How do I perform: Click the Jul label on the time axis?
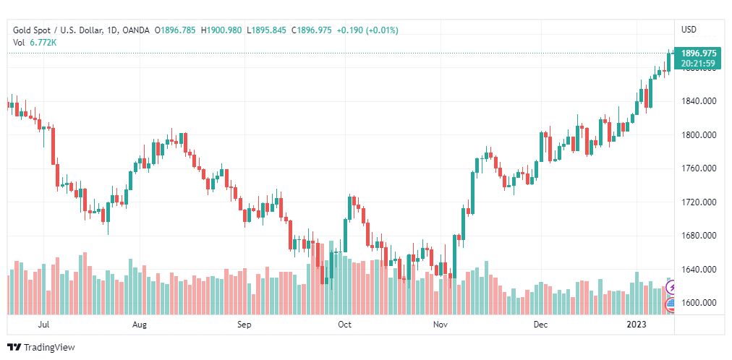point(44,325)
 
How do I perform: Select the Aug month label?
point(140,325)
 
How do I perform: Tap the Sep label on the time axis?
point(244,325)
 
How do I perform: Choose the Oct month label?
point(344,325)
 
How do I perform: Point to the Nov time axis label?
point(440,325)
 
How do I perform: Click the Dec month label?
point(540,325)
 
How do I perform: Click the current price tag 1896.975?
point(698,53)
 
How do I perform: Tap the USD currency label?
point(689,30)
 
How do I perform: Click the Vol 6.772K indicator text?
point(35,43)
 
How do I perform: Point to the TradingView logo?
point(41,348)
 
